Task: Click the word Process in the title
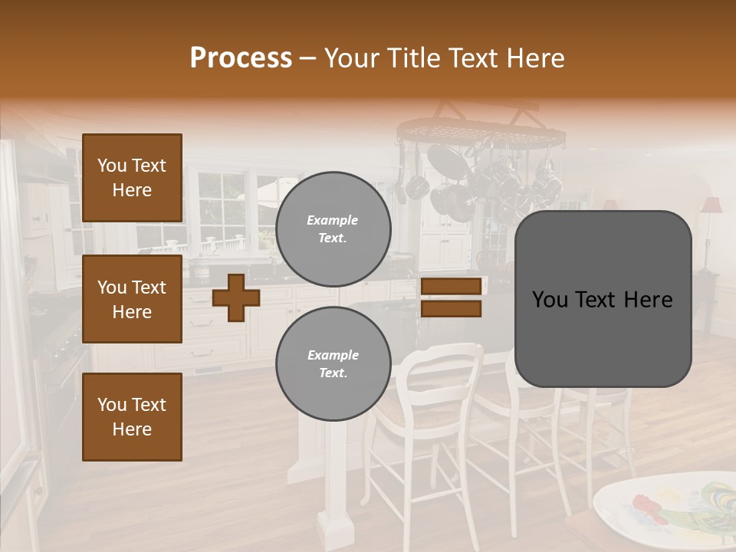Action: tap(241, 58)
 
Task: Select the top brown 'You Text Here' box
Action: tap(132, 178)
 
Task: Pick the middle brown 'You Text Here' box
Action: tap(132, 299)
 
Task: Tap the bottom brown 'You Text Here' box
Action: tap(132, 417)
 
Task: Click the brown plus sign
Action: tap(235, 297)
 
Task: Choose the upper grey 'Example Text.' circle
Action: tap(333, 229)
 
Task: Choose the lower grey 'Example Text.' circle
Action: tap(333, 364)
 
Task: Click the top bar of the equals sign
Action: tap(451, 287)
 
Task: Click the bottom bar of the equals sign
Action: tap(451, 309)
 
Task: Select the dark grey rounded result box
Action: tap(603, 299)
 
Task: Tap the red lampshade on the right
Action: tap(711, 205)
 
